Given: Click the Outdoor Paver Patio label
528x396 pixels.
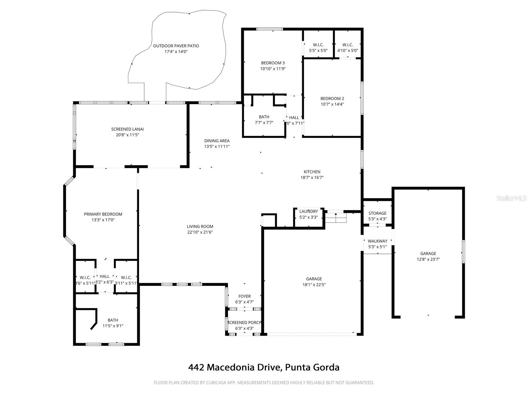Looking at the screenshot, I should pyautogui.click(x=176, y=46).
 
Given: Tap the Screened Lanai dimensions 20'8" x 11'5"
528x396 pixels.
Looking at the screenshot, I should pyautogui.click(x=127, y=135).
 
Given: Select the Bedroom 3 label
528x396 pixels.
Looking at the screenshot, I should pyautogui.click(x=273, y=63).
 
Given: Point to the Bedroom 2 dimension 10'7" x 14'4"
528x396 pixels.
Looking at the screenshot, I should pyautogui.click(x=332, y=104).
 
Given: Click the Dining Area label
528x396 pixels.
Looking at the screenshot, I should pyautogui.click(x=217, y=141).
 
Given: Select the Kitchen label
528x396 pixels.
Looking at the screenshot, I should pyautogui.click(x=312, y=172).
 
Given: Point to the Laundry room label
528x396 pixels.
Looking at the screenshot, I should pyautogui.click(x=309, y=212).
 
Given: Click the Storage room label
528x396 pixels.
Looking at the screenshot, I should pyautogui.click(x=377, y=214).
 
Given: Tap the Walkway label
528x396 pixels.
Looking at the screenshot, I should pyautogui.click(x=377, y=241).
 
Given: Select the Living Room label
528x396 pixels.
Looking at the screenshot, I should pyautogui.click(x=200, y=227).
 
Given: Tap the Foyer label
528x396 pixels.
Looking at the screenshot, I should pyautogui.click(x=245, y=297).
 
